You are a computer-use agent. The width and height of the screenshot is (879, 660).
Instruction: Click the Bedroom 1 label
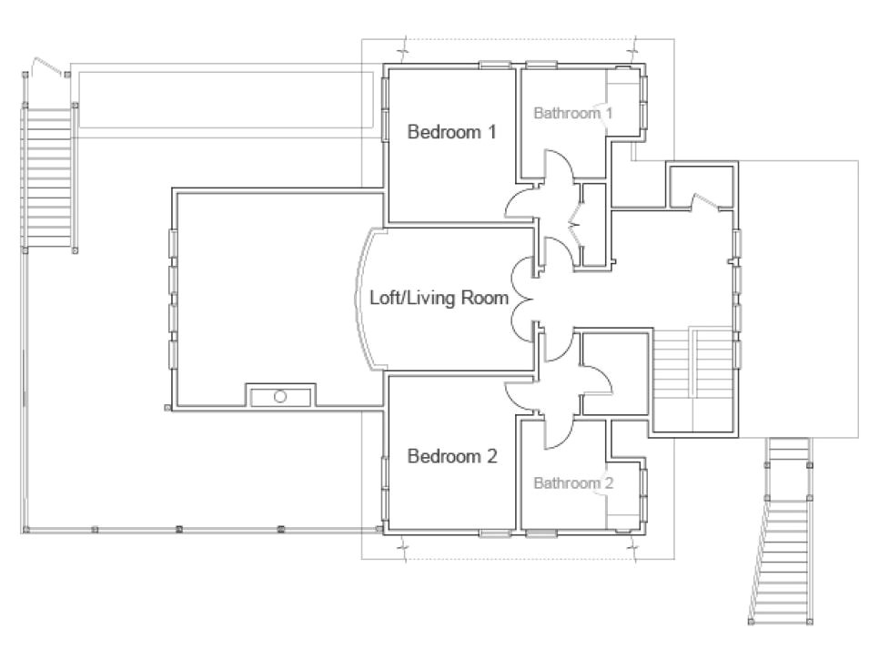point(451,132)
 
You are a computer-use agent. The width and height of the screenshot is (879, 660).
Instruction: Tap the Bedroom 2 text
point(451,456)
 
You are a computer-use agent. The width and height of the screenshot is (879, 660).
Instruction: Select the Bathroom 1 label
point(572,114)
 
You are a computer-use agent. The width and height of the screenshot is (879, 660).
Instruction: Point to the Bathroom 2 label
point(573,482)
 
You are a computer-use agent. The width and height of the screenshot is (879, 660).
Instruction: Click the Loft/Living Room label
point(438,298)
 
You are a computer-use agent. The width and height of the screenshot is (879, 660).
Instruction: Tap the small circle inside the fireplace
point(280,397)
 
